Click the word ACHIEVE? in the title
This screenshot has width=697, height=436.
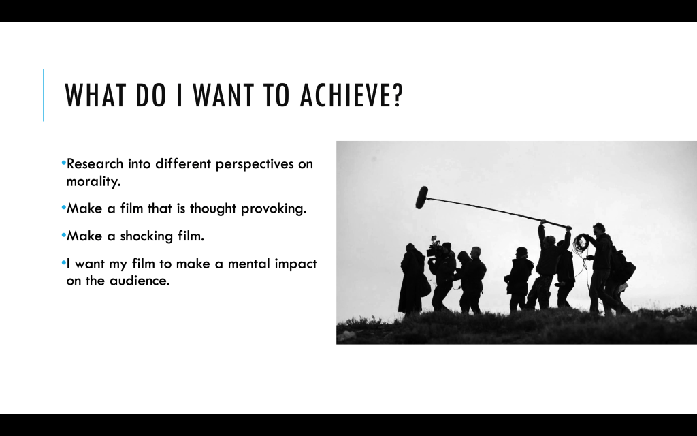tap(351, 95)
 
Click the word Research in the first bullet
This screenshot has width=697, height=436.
tap(95, 163)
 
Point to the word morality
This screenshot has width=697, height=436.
tap(93, 182)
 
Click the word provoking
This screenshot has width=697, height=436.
tap(274, 209)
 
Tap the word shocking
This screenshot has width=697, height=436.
tap(147, 236)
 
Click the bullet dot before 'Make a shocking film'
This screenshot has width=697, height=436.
tap(63, 234)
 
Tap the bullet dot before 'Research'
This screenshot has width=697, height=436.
tap(63, 162)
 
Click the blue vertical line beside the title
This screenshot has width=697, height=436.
tap(44, 95)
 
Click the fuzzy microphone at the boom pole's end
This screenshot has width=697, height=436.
tap(421, 198)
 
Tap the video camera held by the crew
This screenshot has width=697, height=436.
tap(434, 247)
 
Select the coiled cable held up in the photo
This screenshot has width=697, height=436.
tap(580, 244)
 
